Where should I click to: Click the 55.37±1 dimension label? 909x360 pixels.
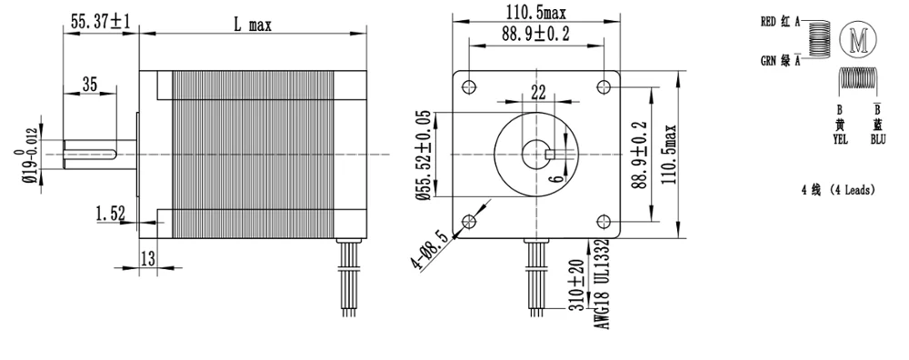(101, 22)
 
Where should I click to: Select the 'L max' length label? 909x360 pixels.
(253, 25)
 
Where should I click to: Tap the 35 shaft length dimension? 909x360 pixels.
(89, 85)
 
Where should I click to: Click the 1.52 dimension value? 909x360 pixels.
(111, 214)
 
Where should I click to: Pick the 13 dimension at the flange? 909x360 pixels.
(148, 258)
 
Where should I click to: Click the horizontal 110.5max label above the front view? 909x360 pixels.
(537, 12)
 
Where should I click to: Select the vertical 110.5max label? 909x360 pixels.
(670, 154)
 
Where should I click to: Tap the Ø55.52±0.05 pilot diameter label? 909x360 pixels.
(425, 155)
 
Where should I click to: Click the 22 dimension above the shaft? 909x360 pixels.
(538, 92)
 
